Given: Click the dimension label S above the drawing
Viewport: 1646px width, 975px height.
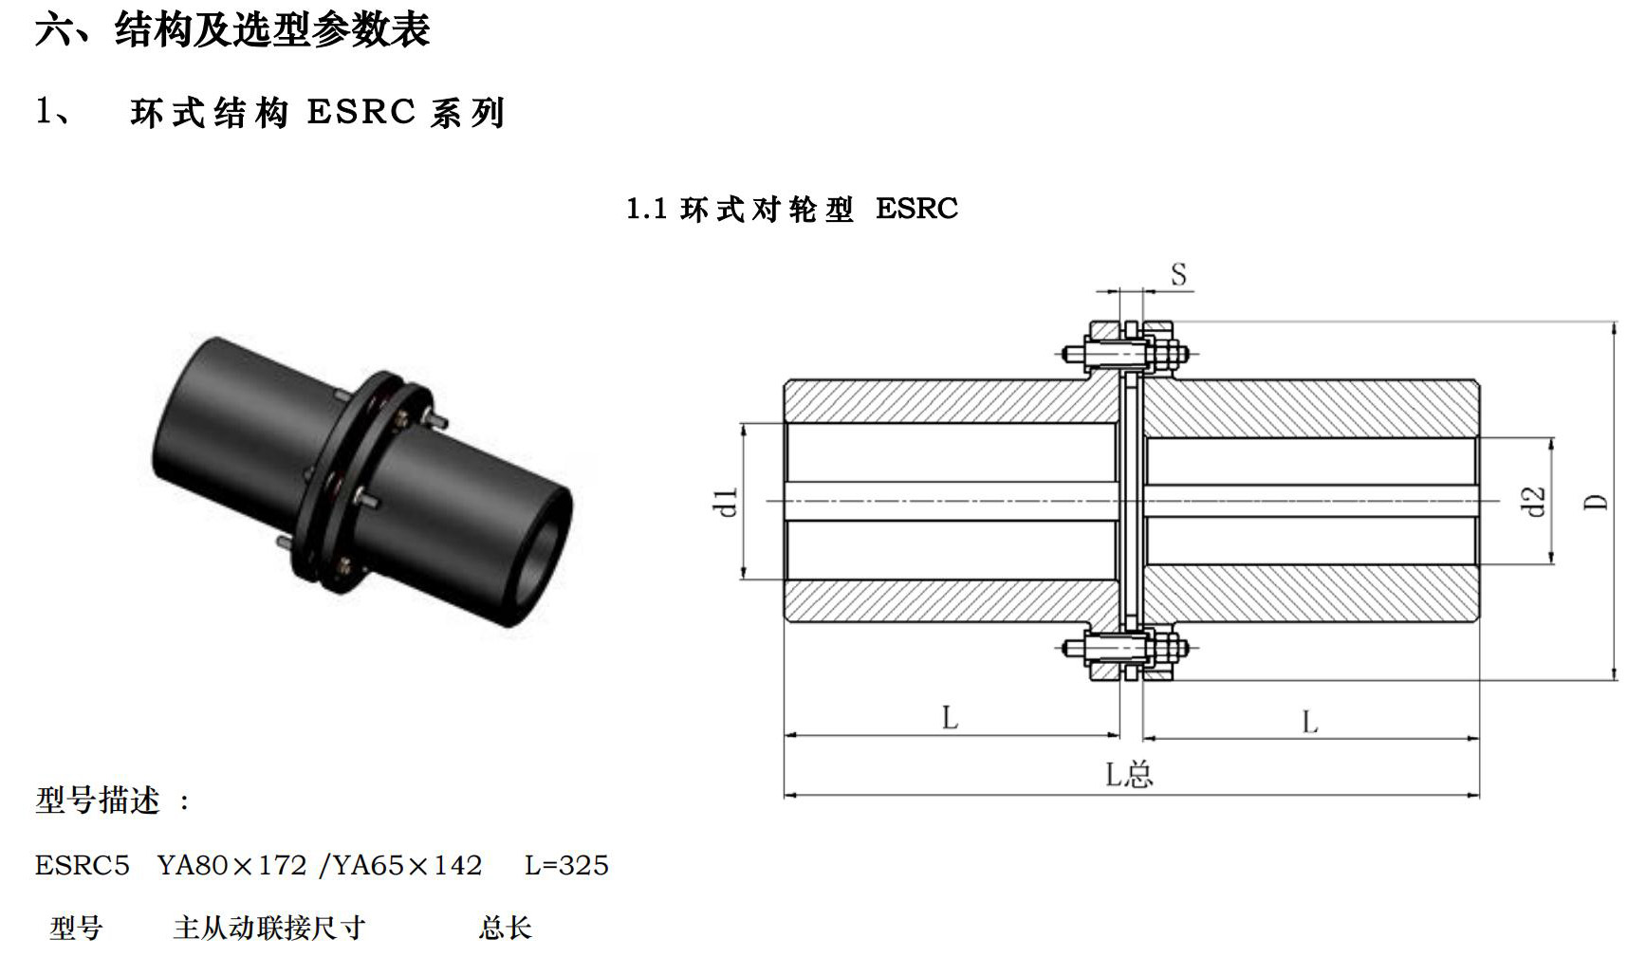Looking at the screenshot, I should (x=1178, y=275).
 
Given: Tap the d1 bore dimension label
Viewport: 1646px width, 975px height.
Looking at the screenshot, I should (x=726, y=502).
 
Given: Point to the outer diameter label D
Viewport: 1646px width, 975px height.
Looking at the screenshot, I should (x=1597, y=502).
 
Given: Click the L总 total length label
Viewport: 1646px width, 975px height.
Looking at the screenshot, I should (x=1129, y=775).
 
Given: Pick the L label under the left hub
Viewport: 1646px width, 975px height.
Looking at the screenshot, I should (x=950, y=718).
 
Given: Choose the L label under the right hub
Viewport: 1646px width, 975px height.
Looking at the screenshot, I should (x=1309, y=723).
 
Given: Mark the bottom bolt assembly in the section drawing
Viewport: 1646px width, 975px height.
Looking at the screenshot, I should (x=1127, y=650).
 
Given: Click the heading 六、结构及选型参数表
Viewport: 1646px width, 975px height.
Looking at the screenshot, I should (x=233, y=29).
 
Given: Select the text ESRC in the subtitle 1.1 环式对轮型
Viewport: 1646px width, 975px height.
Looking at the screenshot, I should (x=916, y=209).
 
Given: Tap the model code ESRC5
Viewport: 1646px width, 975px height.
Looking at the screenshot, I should (x=83, y=865).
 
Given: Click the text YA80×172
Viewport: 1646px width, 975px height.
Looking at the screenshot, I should (x=232, y=865).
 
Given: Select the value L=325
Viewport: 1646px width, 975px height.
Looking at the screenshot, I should (x=566, y=865).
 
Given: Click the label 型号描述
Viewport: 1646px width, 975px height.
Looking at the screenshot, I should (x=98, y=800).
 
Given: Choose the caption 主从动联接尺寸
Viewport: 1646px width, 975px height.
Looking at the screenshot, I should (x=269, y=928).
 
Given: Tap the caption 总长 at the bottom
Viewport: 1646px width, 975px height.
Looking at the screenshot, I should (x=505, y=928).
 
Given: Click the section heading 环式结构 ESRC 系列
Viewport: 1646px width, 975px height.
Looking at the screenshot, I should (x=318, y=113).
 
